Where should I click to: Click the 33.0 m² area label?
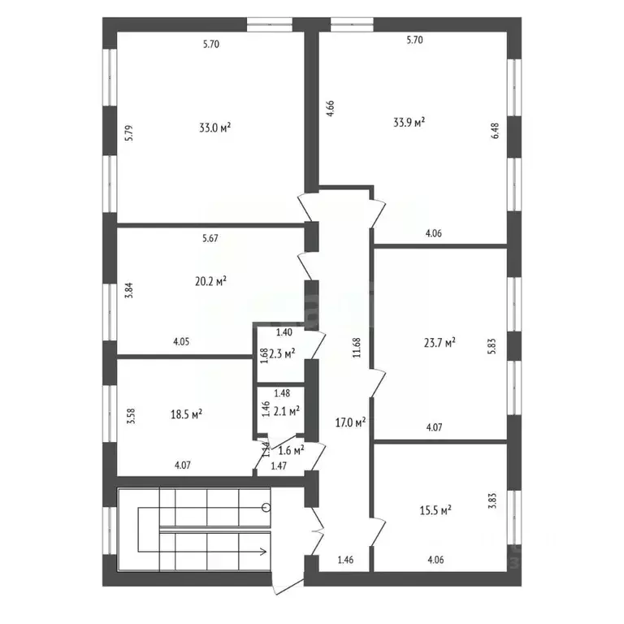pos(215,128)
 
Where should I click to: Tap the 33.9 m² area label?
pos(409,123)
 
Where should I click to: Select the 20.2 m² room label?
pos(210,281)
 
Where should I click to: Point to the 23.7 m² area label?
pos(439,343)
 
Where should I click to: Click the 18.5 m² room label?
pos(186,414)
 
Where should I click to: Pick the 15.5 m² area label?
pos(435,510)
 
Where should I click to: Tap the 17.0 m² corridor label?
pos(350,422)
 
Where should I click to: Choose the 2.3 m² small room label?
pos(282,353)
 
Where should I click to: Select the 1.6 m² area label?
pos(291,449)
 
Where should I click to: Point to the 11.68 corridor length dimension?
pos(356,348)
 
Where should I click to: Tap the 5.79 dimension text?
pos(128,133)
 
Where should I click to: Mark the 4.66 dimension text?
pos(331,109)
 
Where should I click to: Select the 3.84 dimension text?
pos(128,291)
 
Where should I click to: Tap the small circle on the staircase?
pos(266,508)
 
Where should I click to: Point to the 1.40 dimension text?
pos(284,332)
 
